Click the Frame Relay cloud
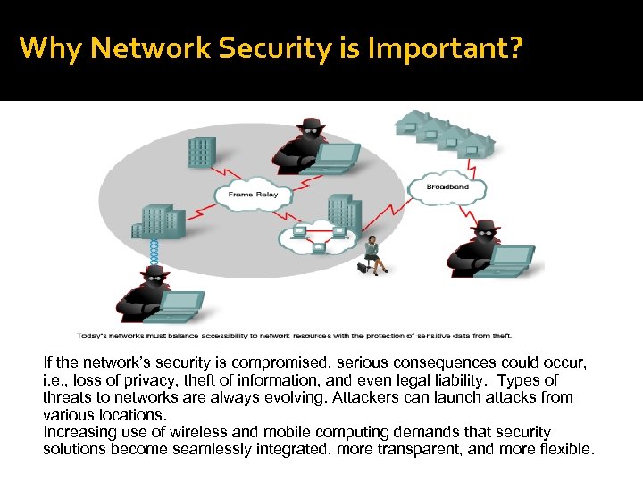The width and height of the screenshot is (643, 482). click(x=254, y=195)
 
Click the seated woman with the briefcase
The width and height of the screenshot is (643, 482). click(x=373, y=254)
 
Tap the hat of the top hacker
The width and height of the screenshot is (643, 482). click(x=310, y=126)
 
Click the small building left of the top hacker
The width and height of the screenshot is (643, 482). click(x=202, y=153)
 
